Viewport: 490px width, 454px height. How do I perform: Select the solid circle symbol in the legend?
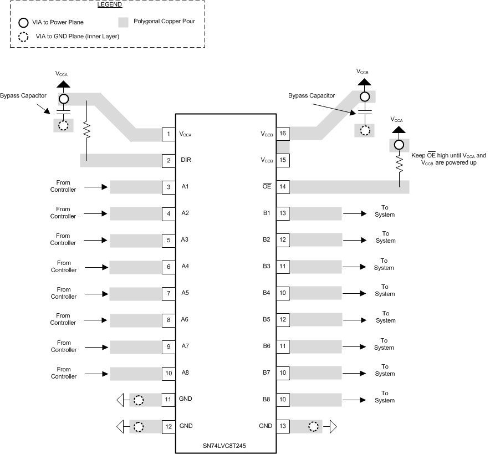click(x=23, y=23)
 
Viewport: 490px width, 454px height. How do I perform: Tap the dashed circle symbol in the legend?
click(x=23, y=38)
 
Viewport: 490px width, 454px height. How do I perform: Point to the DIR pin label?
click(x=187, y=160)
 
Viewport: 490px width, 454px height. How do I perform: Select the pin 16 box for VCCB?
click(x=283, y=134)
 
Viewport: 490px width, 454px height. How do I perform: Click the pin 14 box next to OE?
click(x=283, y=187)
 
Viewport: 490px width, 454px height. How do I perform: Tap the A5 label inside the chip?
click(x=186, y=293)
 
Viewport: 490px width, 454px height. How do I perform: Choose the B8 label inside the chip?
click(x=267, y=400)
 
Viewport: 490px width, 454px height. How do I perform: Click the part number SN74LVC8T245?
click(x=225, y=446)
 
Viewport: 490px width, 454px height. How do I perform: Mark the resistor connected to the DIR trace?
click(x=86, y=131)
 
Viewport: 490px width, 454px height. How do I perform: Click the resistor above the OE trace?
click(x=398, y=164)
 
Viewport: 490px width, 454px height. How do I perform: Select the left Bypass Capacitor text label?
click(x=23, y=95)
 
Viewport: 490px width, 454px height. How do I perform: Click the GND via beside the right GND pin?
click(x=314, y=427)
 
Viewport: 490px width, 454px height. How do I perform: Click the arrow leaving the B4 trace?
click(x=355, y=293)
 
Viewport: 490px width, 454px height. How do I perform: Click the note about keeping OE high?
click(x=448, y=160)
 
